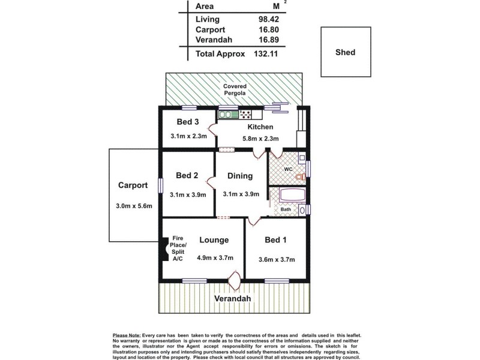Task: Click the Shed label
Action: [x=346, y=52]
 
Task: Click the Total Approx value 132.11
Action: [x=266, y=54]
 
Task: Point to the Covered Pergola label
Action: [x=235, y=91]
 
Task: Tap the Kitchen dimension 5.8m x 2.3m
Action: [x=260, y=139]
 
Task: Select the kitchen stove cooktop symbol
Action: [x=245, y=114]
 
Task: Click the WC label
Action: [x=288, y=170]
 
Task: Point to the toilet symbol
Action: [x=301, y=176]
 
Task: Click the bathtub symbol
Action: [x=291, y=196]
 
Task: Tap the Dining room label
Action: [x=239, y=176]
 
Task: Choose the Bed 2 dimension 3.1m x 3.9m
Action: [x=188, y=194]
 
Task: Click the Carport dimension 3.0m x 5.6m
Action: [x=134, y=206]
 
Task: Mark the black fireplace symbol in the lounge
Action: [x=164, y=250]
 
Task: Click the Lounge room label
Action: [x=214, y=240]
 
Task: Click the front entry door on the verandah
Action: [x=235, y=280]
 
